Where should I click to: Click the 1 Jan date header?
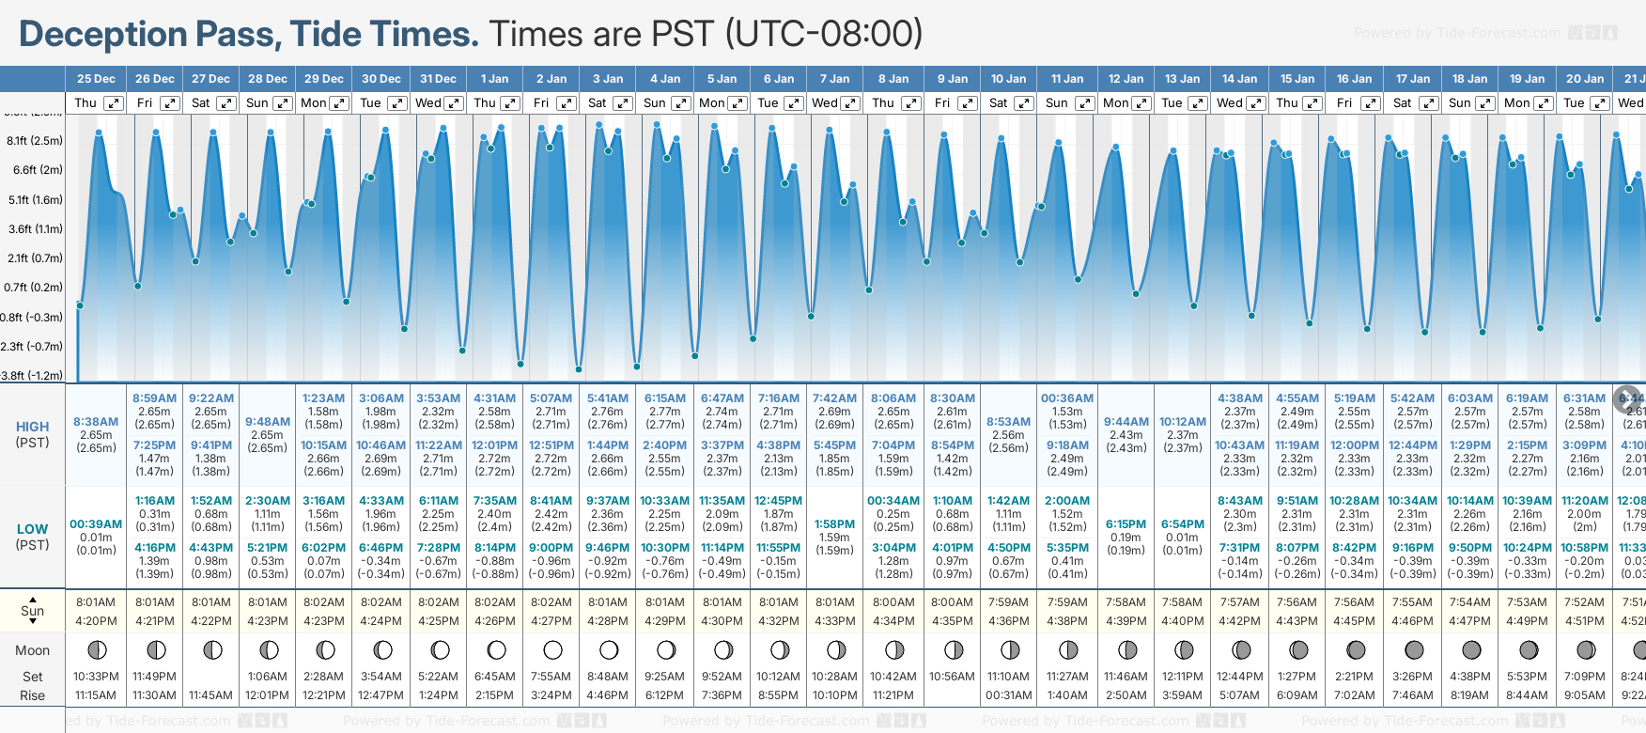(494, 79)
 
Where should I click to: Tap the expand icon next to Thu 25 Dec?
(113, 103)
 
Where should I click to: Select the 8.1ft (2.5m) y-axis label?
(35, 141)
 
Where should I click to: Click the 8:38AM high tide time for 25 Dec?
(96, 422)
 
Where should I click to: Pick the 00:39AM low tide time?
(96, 524)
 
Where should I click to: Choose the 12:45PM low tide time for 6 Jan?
(779, 501)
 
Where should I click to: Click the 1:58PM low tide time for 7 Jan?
(834, 524)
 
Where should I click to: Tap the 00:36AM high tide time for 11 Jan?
(1067, 398)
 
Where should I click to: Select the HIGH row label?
(33, 427)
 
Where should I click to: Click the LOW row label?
(33, 529)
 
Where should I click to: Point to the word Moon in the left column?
(33, 650)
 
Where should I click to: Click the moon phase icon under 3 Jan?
(609, 650)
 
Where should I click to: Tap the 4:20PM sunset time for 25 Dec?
(96, 621)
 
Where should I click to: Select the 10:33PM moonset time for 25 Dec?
(96, 677)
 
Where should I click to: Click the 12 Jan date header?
(1126, 79)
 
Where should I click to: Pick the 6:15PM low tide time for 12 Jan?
(1126, 524)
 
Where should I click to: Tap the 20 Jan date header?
(1585, 79)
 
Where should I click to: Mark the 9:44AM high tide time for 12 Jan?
(1126, 422)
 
